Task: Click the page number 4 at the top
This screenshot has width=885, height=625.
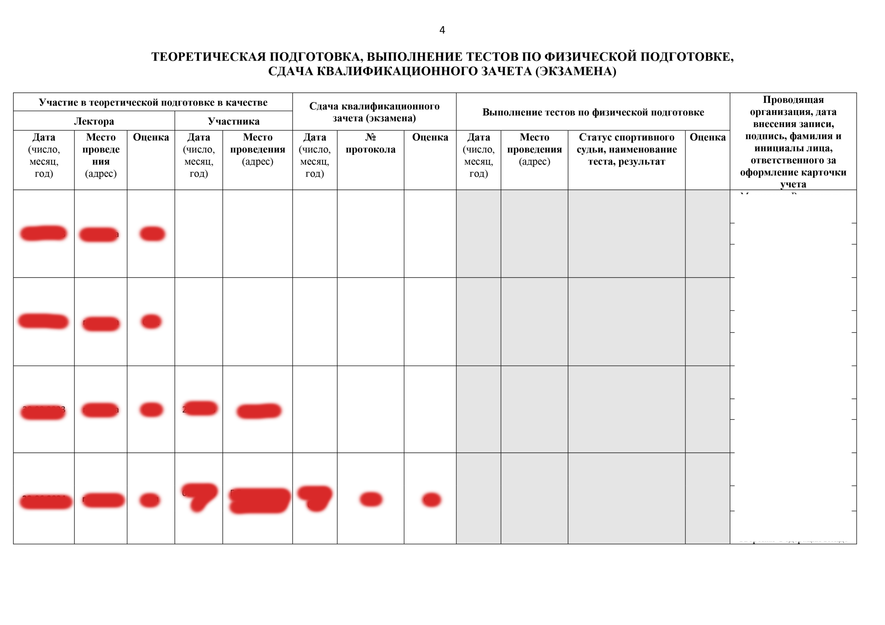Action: [442, 30]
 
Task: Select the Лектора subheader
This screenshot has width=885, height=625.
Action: [94, 121]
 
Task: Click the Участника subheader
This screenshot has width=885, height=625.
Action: [233, 121]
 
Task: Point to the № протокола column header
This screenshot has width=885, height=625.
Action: [370, 143]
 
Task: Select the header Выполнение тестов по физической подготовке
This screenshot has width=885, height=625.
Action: [593, 112]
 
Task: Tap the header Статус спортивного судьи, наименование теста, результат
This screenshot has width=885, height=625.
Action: [626, 149]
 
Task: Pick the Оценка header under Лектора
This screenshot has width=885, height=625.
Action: [151, 137]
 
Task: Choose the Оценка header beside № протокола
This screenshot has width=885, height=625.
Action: [430, 137]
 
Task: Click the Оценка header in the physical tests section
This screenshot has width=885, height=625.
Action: [707, 137]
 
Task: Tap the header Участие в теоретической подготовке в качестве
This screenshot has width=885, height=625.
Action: [153, 103]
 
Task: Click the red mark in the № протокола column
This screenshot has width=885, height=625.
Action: [371, 499]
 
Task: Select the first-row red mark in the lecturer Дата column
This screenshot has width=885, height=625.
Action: [44, 233]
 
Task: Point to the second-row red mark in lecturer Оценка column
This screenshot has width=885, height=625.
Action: [151, 321]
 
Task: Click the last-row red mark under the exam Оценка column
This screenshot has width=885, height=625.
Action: [431, 500]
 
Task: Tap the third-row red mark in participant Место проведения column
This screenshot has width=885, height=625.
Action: [259, 411]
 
